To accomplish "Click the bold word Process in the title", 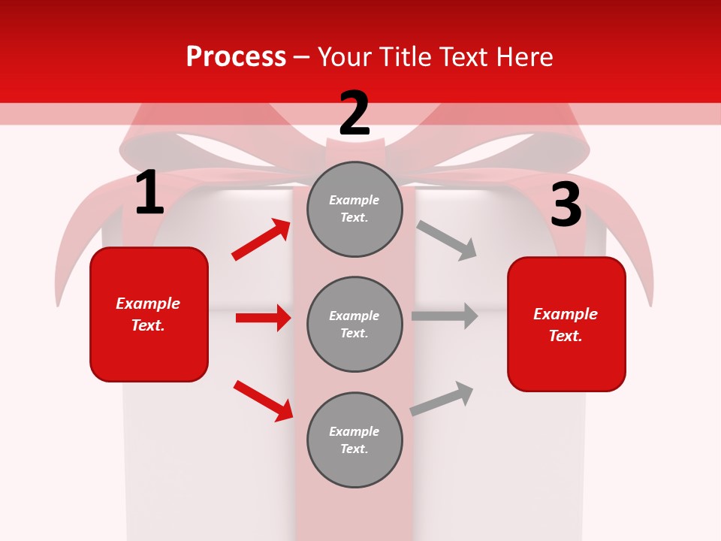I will pos(236,57).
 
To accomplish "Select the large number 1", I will pos(149,193).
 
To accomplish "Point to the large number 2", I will pos(354,113).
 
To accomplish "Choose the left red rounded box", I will pos(149,314).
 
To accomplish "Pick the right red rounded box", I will pos(566,324).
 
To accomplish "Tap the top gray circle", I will pos(354,209).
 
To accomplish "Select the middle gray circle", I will pos(354,324).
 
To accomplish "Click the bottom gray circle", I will pos(354,440).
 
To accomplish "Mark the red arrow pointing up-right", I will pos(261,239).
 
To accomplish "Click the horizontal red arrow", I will pos(263,318).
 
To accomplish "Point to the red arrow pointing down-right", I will pos(264,400).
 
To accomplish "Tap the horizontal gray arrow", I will pos(445,316).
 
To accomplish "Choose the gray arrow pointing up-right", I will pos(442,398).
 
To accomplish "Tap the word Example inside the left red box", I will pos(148,304).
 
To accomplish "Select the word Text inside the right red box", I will pos(565,336).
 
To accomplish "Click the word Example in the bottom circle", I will pos(354,431).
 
